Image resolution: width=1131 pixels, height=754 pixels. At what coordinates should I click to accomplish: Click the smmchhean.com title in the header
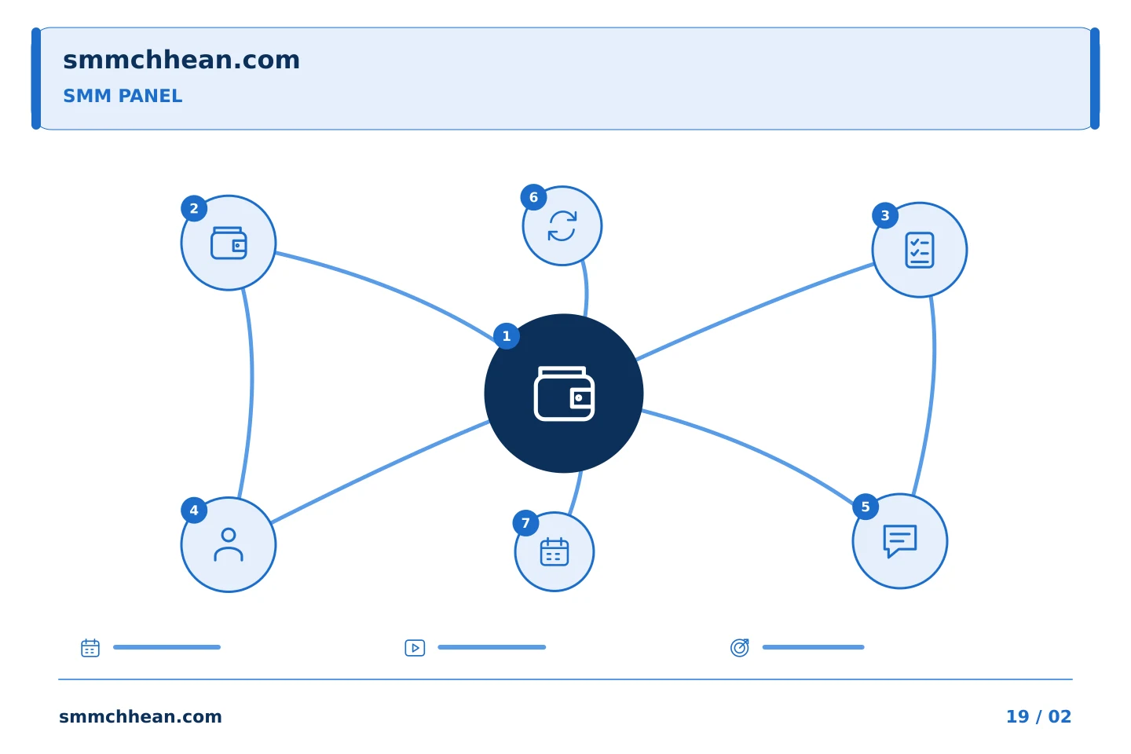tap(181, 60)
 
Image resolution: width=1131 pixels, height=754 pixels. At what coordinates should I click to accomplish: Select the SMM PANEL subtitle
tap(123, 96)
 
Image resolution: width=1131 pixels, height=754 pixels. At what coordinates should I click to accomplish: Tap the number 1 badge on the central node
tap(507, 336)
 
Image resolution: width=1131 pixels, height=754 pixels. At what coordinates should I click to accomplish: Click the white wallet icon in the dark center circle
tap(564, 393)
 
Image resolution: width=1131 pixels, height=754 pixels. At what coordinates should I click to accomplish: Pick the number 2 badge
tap(194, 209)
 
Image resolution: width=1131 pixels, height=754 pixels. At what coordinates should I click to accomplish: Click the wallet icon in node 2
tap(229, 243)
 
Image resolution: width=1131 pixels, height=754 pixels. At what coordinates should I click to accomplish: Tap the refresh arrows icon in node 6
tap(562, 225)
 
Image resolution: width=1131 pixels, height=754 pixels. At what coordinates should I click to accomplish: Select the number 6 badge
tap(534, 197)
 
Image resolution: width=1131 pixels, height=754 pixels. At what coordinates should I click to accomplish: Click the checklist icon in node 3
tap(920, 250)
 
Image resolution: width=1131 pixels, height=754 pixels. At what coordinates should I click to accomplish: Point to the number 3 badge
tap(885, 216)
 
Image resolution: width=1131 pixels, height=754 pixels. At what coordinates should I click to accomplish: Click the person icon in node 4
tap(229, 544)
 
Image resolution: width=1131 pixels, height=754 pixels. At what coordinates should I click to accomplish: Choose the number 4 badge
tap(194, 511)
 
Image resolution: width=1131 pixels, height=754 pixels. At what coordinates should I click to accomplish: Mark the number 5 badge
tap(866, 507)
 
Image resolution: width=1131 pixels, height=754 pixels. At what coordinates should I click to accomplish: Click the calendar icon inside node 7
tap(555, 552)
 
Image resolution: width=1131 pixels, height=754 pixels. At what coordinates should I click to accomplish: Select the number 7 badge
tap(525, 523)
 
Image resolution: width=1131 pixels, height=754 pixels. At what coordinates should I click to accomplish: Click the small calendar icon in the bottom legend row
tap(90, 648)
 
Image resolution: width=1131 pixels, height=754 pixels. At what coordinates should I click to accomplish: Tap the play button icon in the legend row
tap(415, 648)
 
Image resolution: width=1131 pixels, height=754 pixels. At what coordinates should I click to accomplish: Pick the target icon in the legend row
tap(740, 648)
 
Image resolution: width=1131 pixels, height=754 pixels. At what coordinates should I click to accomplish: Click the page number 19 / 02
tap(1038, 716)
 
